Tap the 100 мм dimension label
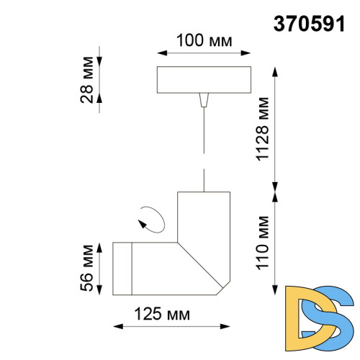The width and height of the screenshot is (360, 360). pos(204,41)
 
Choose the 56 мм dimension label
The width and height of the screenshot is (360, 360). pos(88,269)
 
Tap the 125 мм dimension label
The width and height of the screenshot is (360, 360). pos(163,314)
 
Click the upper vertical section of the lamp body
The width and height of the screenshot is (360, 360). pos(204,216)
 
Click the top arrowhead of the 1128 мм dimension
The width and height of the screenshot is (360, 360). pos(274,71)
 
